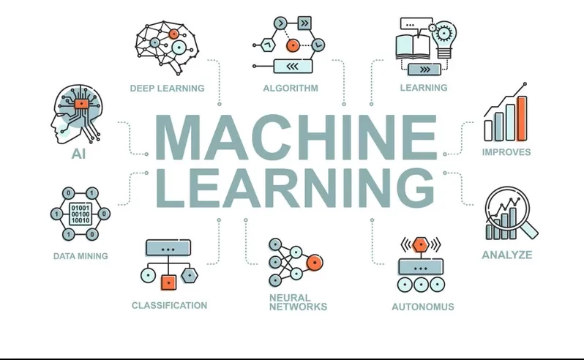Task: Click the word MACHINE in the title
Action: click(x=296, y=137)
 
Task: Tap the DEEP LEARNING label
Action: click(x=168, y=89)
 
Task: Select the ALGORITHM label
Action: click(x=291, y=89)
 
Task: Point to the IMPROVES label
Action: click(x=506, y=152)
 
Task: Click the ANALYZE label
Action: click(x=507, y=255)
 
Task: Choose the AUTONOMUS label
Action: click(x=423, y=307)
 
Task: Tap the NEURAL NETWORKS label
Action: click(x=298, y=302)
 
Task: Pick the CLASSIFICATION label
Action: click(x=169, y=305)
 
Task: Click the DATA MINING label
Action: click(x=81, y=256)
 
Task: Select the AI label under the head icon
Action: click(x=78, y=154)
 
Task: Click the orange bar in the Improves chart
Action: click(x=523, y=118)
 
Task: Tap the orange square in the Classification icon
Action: click(x=168, y=282)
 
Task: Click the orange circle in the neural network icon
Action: click(x=315, y=263)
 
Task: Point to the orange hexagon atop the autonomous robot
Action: click(x=421, y=244)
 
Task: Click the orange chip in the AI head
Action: click(x=81, y=103)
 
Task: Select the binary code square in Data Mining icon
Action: click(x=81, y=214)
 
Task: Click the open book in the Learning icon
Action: click(x=413, y=47)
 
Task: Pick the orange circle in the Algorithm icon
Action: click(x=293, y=45)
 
